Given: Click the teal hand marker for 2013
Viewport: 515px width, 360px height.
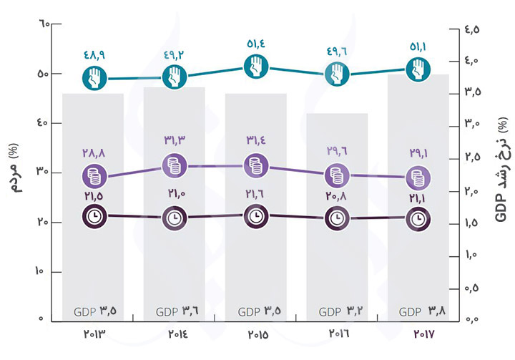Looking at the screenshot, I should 94,78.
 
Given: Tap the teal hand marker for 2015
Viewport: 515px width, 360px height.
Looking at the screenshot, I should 256,67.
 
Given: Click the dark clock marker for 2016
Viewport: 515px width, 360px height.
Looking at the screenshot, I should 338,218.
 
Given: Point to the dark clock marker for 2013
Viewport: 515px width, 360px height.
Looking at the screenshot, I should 94,215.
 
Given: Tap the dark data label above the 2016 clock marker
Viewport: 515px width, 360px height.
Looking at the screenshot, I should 338,197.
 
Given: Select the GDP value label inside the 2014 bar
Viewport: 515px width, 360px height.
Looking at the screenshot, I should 175,312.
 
